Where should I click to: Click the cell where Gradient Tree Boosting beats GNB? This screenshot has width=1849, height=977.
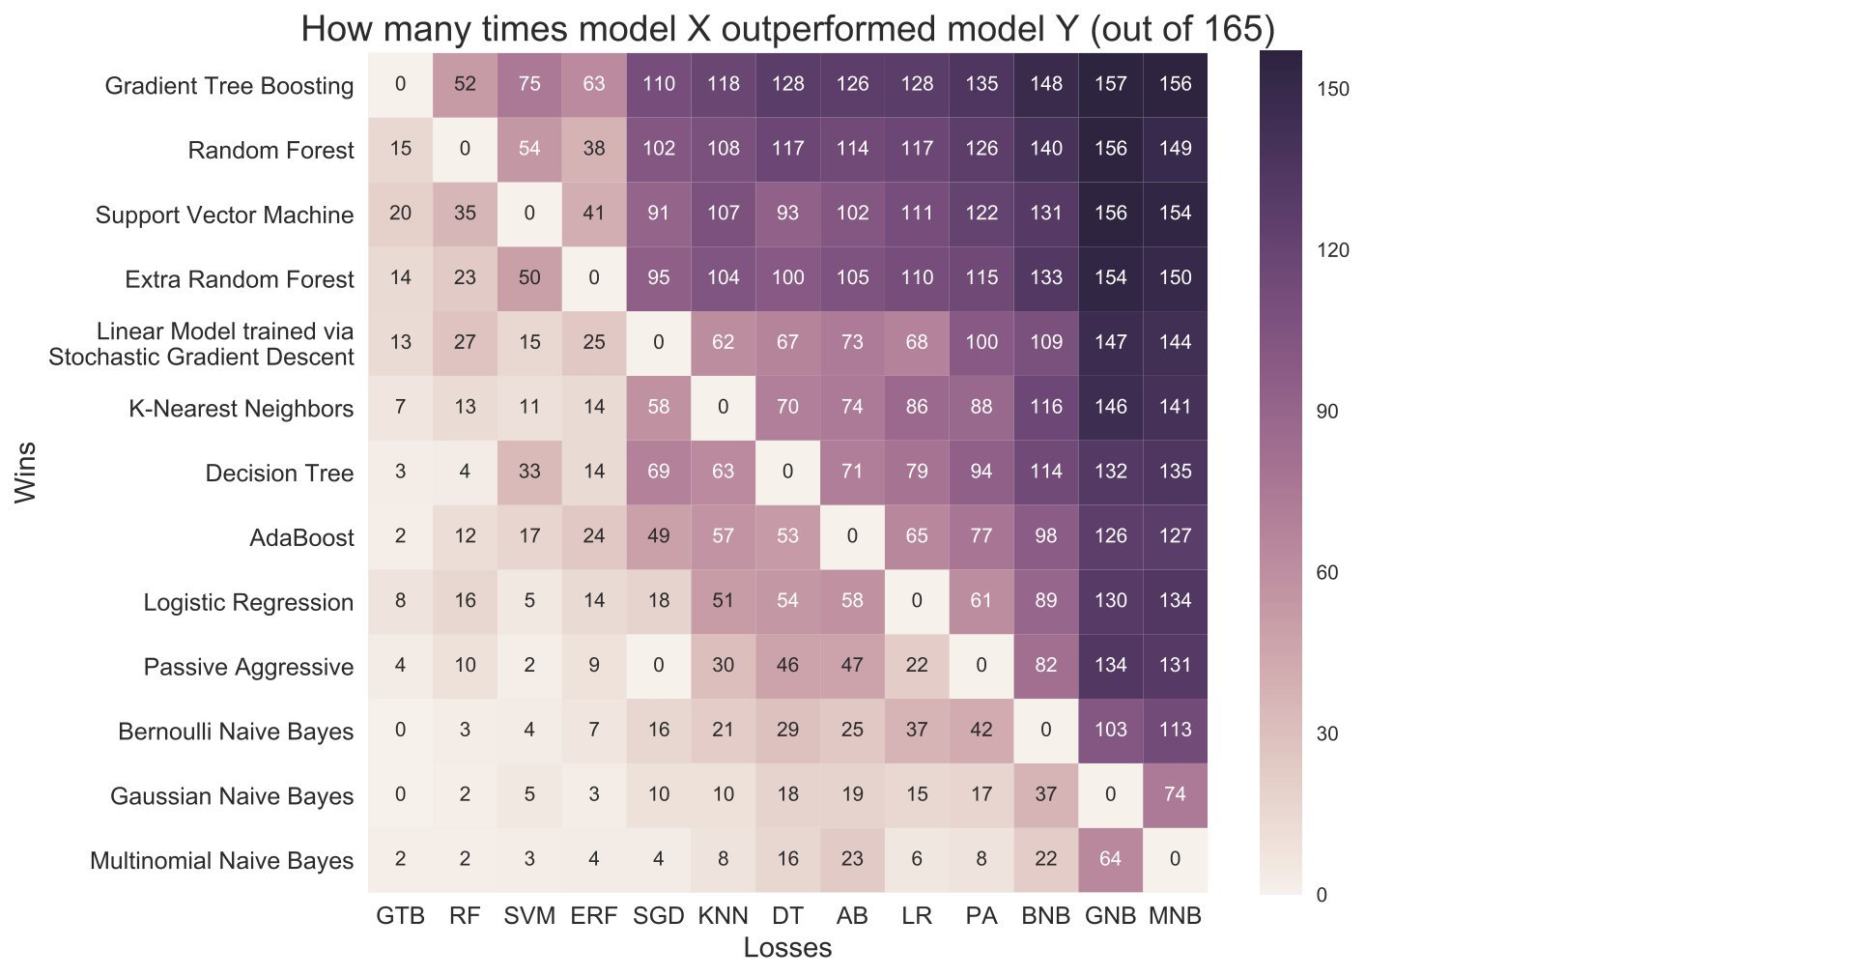coord(1110,84)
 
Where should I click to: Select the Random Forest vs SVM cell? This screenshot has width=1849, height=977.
coord(529,149)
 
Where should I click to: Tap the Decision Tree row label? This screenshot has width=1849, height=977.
coord(279,473)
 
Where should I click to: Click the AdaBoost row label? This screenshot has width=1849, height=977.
coord(301,537)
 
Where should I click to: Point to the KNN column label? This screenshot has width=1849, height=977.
coord(723,915)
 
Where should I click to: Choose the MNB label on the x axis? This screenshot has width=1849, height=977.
coord(1175,915)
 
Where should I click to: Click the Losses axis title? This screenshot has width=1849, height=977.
coord(787,948)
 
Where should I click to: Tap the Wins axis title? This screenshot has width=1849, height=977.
coord(26,472)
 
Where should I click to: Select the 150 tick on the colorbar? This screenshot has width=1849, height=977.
coord(1333,89)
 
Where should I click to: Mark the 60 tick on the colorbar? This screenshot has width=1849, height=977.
coord(1327,573)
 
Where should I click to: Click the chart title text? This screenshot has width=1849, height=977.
coord(787,29)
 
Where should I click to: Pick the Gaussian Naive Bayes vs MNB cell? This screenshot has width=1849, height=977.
coord(1175,794)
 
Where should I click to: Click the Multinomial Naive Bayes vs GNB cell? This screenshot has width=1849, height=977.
coord(1110,859)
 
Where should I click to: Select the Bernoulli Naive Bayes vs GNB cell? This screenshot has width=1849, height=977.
coord(1110,730)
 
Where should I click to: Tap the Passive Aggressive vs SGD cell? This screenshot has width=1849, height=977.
coord(659,665)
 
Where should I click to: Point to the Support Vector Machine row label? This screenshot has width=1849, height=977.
coord(224,215)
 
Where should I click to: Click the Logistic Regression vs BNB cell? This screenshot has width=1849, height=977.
coord(1045,600)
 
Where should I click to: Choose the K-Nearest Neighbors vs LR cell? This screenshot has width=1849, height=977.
coord(917,407)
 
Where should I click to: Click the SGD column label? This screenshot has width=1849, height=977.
coord(659,915)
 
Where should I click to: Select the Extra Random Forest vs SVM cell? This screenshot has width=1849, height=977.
coord(529,278)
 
